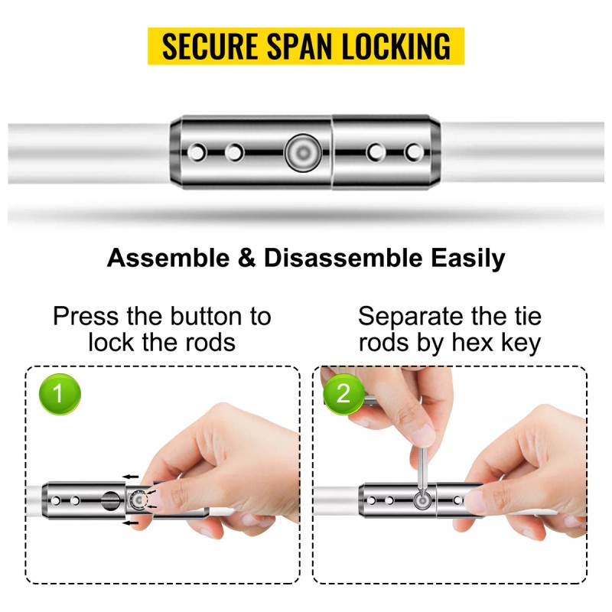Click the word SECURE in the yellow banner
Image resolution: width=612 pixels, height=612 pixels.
coord(210,46)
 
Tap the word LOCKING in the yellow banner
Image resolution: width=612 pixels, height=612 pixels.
coord(396,46)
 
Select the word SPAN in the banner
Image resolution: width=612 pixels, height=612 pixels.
coord(299,46)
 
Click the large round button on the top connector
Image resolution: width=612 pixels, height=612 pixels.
coord(303,152)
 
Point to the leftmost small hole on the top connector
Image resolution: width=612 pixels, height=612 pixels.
coord(197,152)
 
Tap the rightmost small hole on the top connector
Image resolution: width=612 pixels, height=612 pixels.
coord(414,152)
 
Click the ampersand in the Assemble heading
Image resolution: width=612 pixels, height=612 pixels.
coord(246,258)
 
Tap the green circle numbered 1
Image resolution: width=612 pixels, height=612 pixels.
coord(60,393)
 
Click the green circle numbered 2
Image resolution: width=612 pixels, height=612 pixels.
coord(343,393)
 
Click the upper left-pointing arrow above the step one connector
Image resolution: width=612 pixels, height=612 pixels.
coord(131,477)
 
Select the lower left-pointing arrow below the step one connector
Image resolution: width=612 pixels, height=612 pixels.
coord(131,522)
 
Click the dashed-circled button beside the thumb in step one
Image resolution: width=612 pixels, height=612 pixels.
coord(138,500)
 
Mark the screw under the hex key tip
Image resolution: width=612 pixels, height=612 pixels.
coord(422,500)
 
